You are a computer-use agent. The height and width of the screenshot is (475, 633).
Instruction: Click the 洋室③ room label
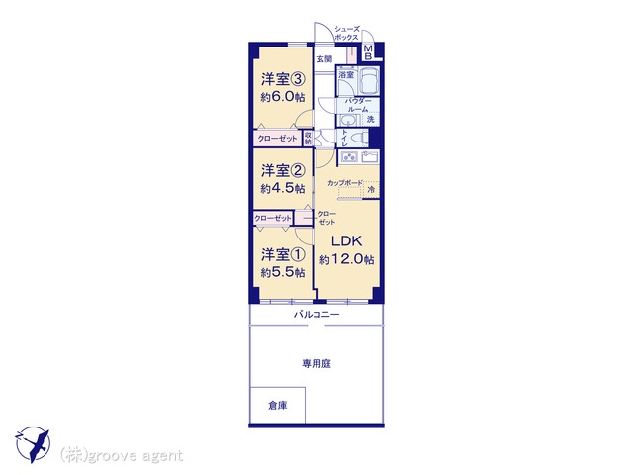click(x=282, y=79)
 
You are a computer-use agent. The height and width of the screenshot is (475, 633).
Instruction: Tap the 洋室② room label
click(x=281, y=169)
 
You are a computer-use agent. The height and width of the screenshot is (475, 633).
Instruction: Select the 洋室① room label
click(x=281, y=252)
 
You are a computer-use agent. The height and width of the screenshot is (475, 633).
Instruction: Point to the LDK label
click(x=344, y=239)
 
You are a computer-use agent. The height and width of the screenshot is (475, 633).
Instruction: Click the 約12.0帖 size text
click(x=346, y=259)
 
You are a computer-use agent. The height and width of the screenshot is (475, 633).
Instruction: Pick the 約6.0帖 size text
click(x=282, y=97)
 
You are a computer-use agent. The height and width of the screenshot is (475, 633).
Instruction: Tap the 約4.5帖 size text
click(x=281, y=188)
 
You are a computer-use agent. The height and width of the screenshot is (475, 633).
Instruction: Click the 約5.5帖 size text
click(x=281, y=271)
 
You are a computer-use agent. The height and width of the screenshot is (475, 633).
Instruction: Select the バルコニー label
click(x=316, y=314)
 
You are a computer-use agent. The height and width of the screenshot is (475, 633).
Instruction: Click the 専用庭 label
click(x=316, y=364)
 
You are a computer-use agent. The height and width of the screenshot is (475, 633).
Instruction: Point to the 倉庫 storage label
click(x=277, y=405)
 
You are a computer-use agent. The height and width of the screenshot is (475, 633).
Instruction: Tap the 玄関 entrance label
click(x=324, y=58)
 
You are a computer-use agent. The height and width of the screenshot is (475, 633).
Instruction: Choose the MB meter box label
click(x=368, y=52)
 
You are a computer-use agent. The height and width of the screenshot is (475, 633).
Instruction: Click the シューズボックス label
click(x=346, y=33)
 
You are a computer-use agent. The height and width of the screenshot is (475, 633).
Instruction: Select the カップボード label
click(x=344, y=183)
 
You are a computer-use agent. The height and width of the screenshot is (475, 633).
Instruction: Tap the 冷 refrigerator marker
click(x=372, y=189)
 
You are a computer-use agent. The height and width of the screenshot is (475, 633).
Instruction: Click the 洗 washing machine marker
click(x=370, y=120)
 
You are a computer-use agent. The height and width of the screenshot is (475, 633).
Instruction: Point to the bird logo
click(x=32, y=442)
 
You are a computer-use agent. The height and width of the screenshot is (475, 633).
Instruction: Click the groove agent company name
click(x=122, y=455)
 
